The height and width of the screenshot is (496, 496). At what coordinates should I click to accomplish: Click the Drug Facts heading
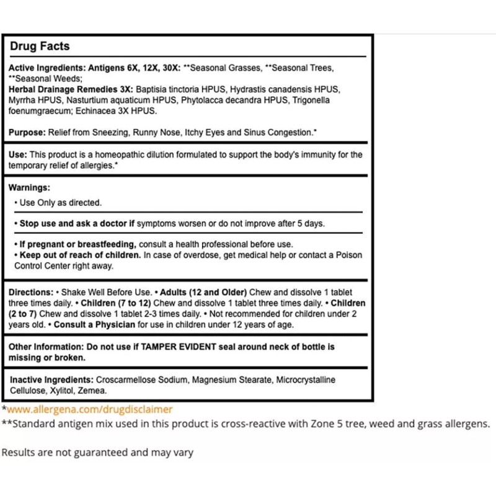pos(40,46)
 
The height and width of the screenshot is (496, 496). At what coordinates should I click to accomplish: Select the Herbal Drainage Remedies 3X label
pos(71,89)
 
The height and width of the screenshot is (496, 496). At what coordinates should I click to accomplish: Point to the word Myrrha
pos(22,100)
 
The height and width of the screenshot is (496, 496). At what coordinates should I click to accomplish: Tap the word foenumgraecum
pos(39,111)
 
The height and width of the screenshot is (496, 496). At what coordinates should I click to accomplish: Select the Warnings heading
pos(29,187)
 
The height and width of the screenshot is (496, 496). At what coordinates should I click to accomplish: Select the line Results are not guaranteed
pos(97,453)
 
